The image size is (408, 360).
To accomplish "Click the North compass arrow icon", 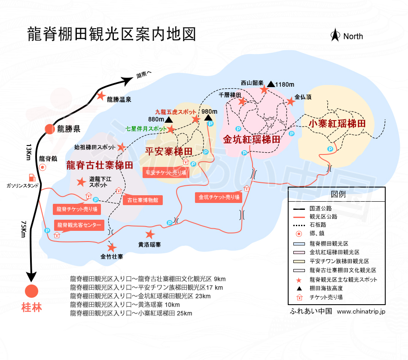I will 335,35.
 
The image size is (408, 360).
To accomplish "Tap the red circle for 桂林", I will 31,291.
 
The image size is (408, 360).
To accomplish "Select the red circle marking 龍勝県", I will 50,129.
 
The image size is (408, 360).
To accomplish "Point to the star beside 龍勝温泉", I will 101,96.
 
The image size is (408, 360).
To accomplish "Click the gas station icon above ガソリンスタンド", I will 31,177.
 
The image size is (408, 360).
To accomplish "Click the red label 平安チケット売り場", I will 165,173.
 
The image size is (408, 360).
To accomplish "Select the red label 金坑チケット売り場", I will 218,197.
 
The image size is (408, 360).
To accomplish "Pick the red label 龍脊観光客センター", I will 79,225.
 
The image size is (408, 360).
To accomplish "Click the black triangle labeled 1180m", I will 271,84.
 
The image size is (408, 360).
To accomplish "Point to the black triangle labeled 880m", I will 169,120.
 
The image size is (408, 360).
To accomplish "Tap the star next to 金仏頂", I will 290,102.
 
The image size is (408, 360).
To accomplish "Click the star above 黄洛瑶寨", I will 149,234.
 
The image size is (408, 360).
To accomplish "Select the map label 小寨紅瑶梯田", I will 337,124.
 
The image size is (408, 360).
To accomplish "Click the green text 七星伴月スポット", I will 146,128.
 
